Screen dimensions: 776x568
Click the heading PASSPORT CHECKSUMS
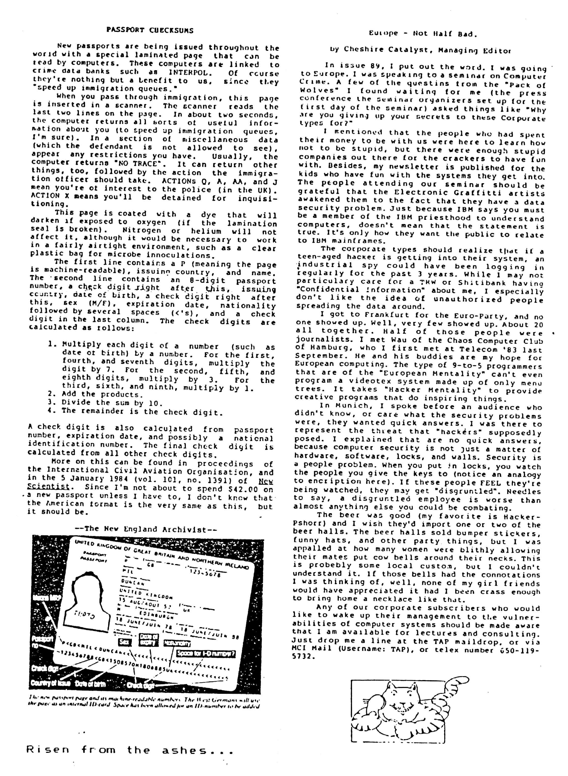(150, 30)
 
